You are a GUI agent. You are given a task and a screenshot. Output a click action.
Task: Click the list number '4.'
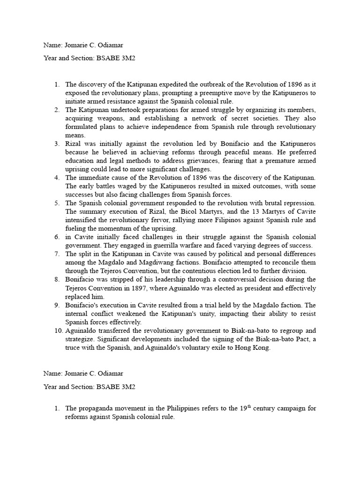pyautogui.click(x=57, y=178)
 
